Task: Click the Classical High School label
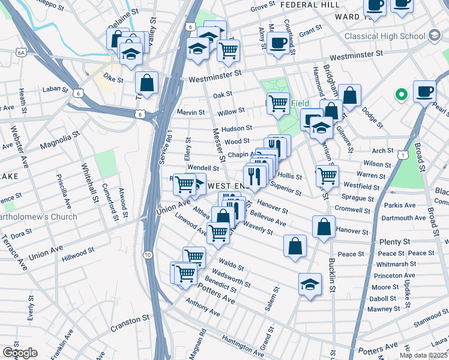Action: (x=384, y=36)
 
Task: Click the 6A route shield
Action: (x=22, y=53)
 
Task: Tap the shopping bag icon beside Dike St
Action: (x=146, y=82)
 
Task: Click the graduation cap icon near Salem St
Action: (x=310, y=284)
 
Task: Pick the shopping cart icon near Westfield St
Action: (x=327, y=175)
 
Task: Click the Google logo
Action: (x=20, y=353)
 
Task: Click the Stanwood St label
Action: (x=431, y=325)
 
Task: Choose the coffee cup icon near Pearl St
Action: (x=424, y=91)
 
